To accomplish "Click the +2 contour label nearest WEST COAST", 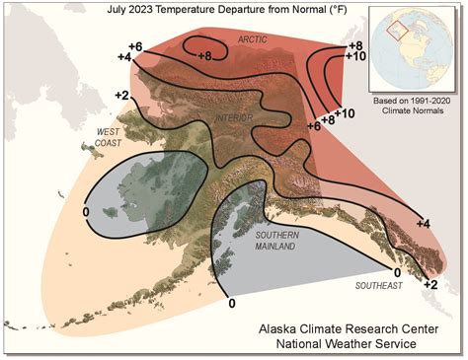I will pyautogui.click(x=122, y=95).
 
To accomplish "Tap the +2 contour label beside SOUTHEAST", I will pyautogui.click(x=430, y=284).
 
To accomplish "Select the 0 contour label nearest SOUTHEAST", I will pyautogui.click(x=398, y=270).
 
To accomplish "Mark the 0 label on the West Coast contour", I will pyautogui.click(x=86, y=211).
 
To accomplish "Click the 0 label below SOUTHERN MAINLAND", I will pyautogui.click(x=233, y=305).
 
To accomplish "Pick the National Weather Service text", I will pyautogui.click(x=352, y=345).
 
